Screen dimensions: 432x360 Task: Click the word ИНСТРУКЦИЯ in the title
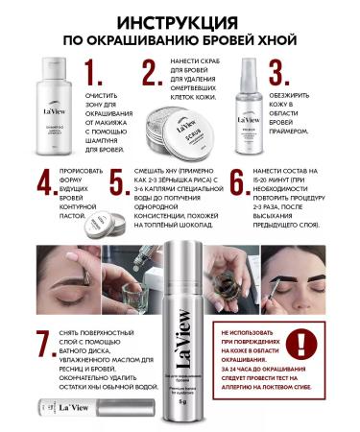180,20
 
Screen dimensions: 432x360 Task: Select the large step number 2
152,74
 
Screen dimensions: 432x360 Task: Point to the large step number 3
276,74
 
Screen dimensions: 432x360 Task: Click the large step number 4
42,184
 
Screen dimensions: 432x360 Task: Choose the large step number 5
117,184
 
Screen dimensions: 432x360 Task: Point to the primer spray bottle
251,106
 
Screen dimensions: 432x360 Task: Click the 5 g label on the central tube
180,401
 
